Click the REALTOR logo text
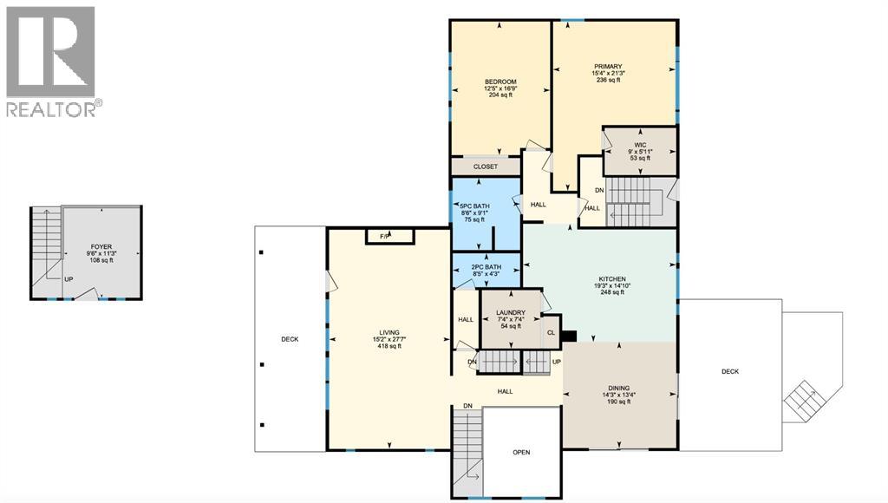coord(53,109)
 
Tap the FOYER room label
coord(101,246)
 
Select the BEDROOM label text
coord(500,82)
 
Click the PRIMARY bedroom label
coord(608,67)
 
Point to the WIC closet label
coord(641,145)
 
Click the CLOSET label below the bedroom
coord(486,167)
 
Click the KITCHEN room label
coord(612,279)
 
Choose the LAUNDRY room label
coord(512,312)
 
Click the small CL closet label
coord(551,332)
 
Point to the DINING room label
coord(618,388)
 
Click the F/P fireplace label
coord(382,236)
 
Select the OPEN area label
coord(521,452)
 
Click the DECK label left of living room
coord(290,339)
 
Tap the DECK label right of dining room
coord(730,371)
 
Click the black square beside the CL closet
coord(569,336)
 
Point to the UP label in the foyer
coord(68,279)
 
